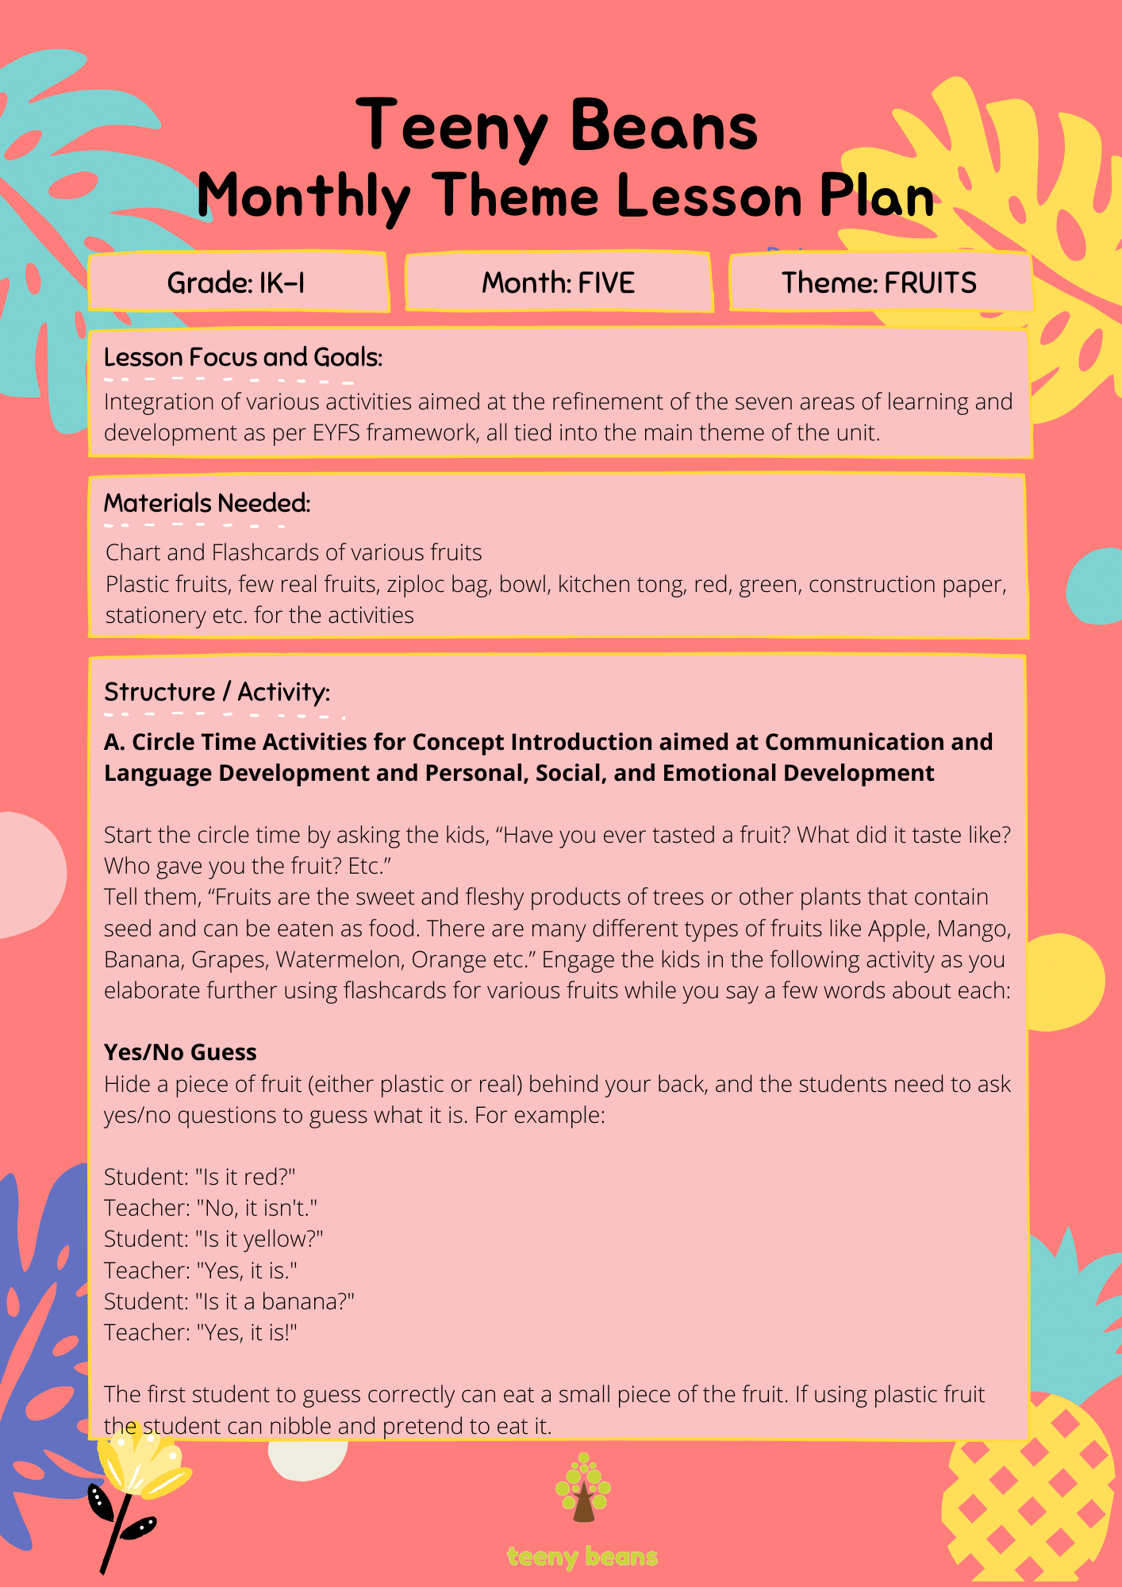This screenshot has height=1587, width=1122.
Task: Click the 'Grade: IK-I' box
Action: tap(236, 282)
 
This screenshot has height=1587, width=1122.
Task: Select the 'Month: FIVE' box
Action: tap(558, 282)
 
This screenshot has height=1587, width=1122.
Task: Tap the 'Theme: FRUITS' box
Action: tap(879, 282)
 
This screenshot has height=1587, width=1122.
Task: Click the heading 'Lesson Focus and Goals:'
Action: tap(243, 358)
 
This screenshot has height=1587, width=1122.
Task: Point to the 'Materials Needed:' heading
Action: tap(207, 503)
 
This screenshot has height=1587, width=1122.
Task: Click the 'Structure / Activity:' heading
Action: tap(217, 692)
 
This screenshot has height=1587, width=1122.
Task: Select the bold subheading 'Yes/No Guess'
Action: tap(180, 1052)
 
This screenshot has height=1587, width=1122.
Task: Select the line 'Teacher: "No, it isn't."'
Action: tap(210, 1208)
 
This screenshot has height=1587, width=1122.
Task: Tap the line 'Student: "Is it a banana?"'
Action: tap(229, 1301)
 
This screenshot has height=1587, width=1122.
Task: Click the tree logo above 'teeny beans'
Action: tap(582, 1488)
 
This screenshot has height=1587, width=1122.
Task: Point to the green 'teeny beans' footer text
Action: tap(582, 1557)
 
